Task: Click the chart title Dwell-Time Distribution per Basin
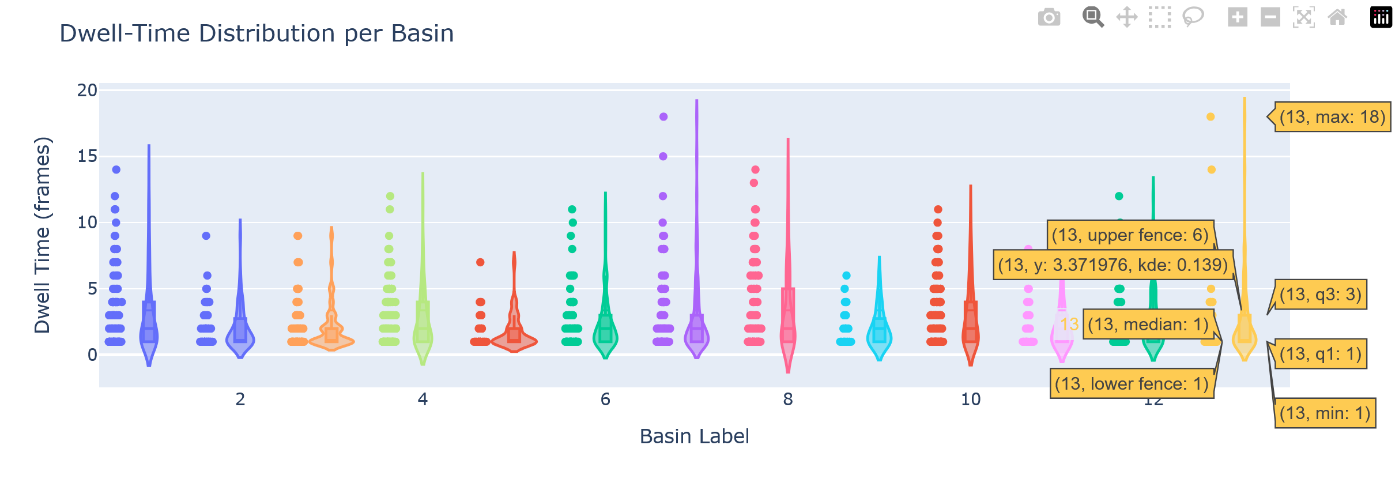pos(257,33)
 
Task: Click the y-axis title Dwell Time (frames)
pos(43,235)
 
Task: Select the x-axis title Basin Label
pos(694,436)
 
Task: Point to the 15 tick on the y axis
pos(87,156)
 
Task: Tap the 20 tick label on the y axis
pos(87,90)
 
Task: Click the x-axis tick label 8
pos(787,399)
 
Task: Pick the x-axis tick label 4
pos(423,399)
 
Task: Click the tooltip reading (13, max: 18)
pos(1332,117)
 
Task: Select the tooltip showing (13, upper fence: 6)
pos(1130,235)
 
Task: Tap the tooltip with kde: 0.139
pos(1113,265)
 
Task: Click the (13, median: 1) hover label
pos(1148,325)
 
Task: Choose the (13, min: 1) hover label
pos(1324,413)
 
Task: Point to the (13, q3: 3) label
pos(1320,295)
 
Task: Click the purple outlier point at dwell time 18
pos(663,117)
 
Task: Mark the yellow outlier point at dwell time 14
pos(1211,170)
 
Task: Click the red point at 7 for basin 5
pos(480,262)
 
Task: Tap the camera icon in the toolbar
pos(1049,17)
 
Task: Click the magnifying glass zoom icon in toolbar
pos(1092,17)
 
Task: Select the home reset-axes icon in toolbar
pos(1337,17)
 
